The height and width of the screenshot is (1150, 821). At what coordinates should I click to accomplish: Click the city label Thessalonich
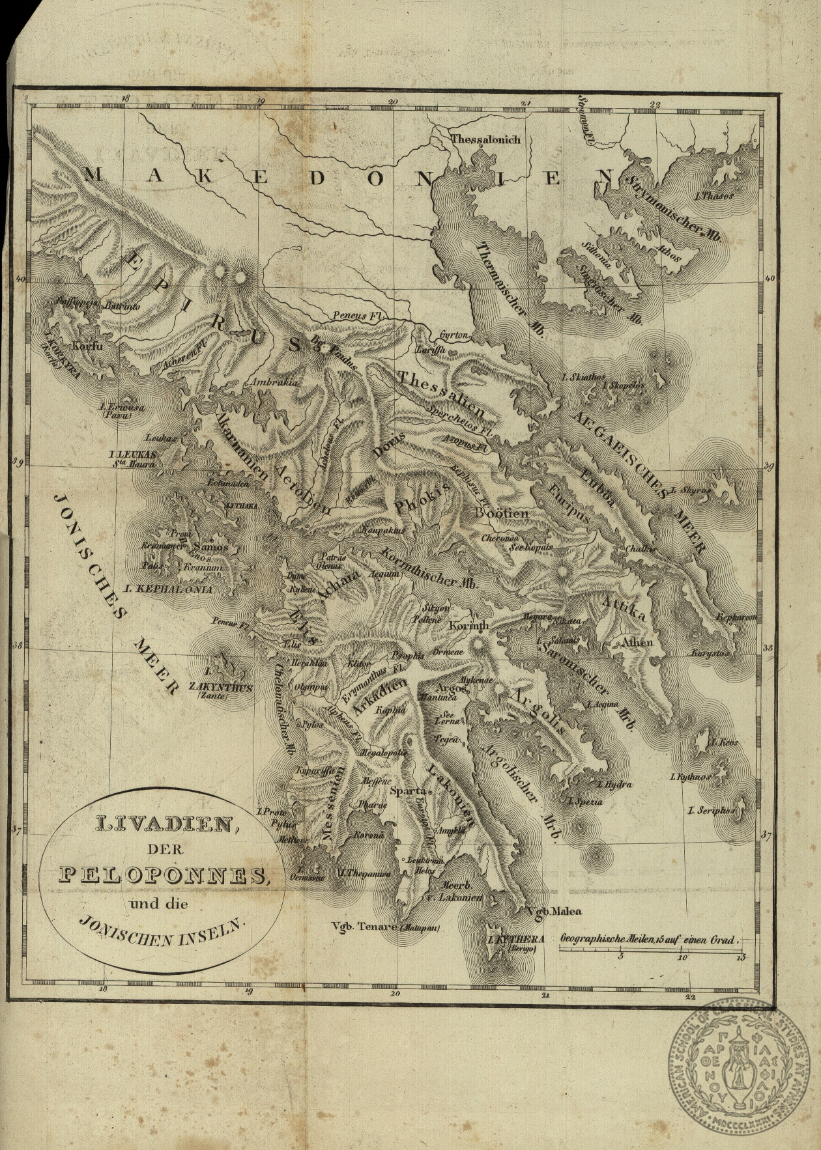(x=485, y=139)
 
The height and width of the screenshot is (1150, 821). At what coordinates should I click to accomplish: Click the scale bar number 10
(x=682, y=957)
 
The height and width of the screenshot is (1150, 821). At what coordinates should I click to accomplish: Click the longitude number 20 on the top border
(x=392, y=102)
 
